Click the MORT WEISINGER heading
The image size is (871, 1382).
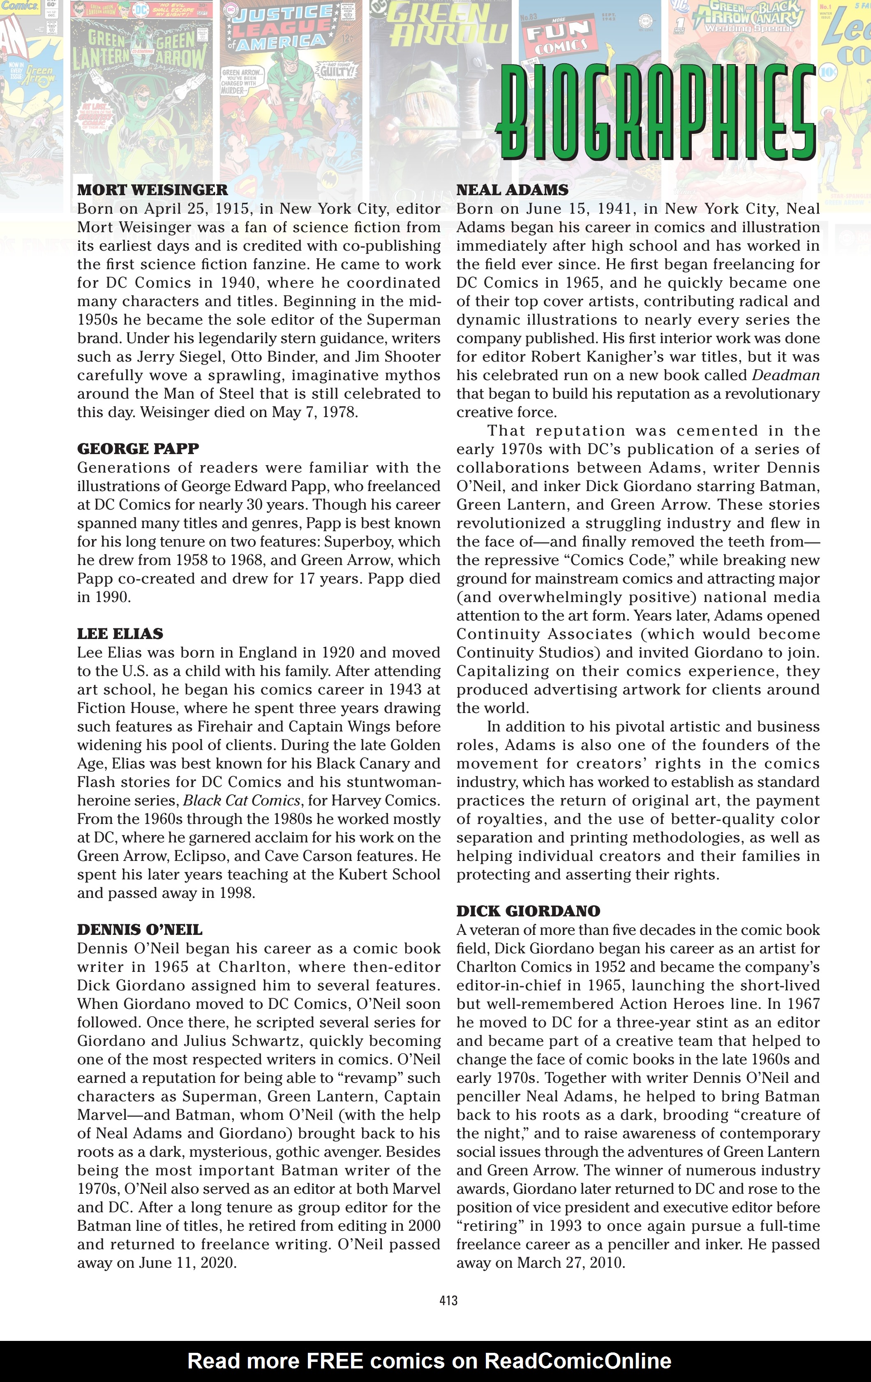pos(152,190)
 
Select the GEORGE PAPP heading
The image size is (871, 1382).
pos(138,449)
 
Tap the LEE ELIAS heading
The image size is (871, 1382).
pos(120,634)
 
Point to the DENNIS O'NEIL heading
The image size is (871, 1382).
pos(139,930)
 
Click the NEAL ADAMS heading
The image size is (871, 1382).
pos(512,190)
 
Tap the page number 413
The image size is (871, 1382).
pos(448,1301)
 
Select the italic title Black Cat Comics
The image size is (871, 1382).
pos(242,801)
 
